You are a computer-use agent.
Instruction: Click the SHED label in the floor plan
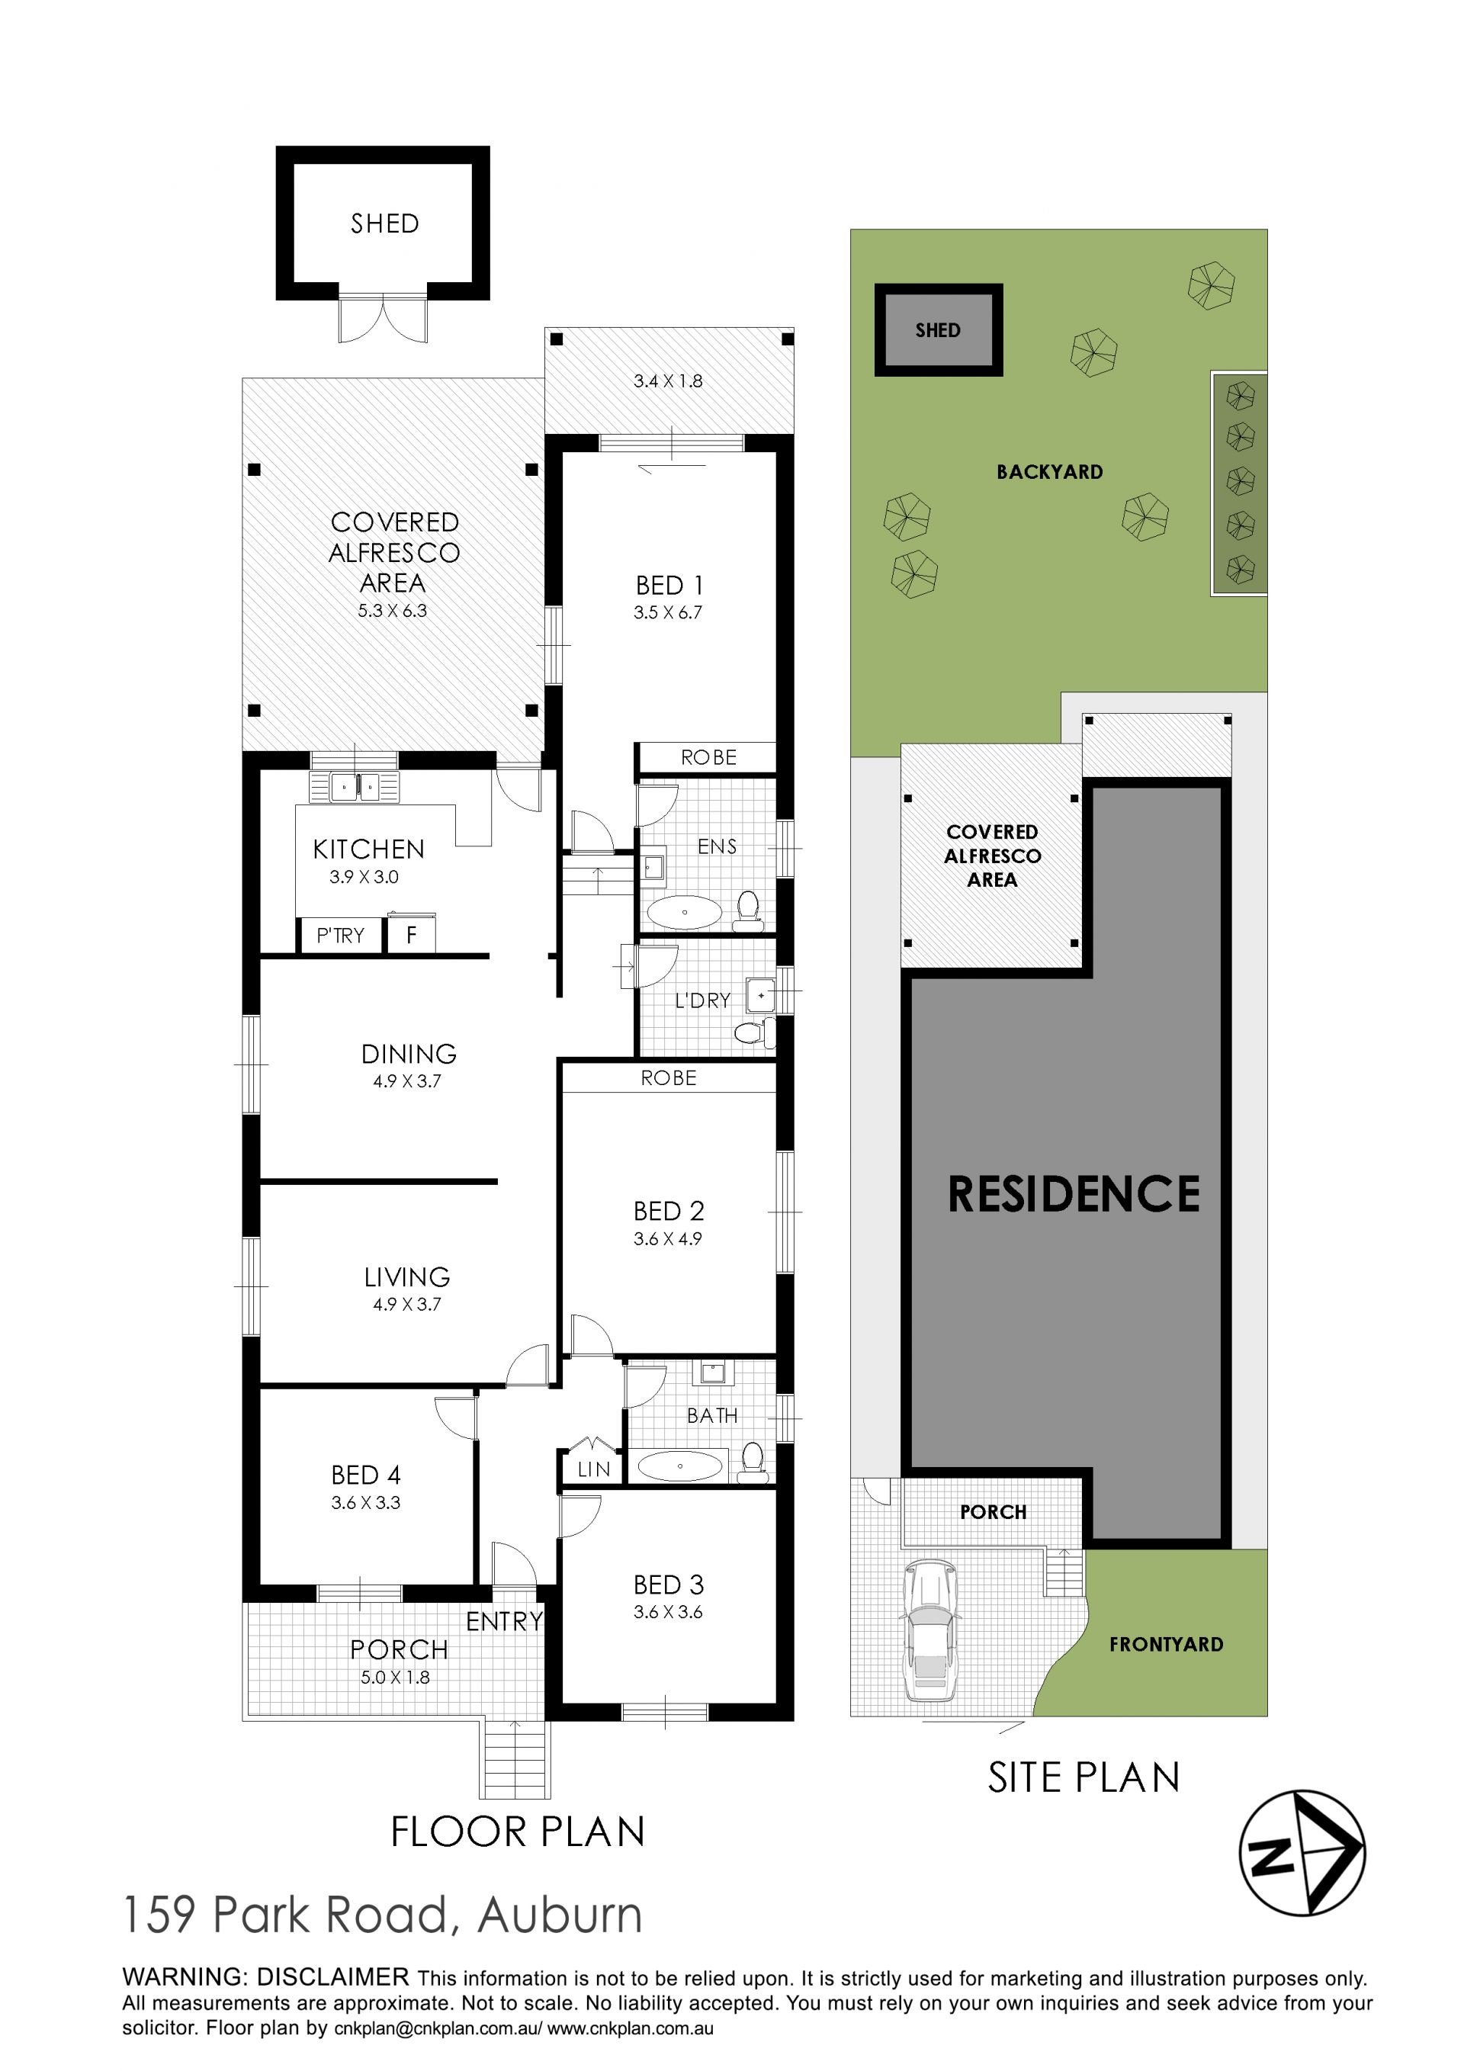point(385,223)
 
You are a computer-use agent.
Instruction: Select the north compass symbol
point(1302,1854)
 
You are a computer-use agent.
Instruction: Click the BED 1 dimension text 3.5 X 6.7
point(667,612)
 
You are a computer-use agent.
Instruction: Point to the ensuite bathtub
point(685,912)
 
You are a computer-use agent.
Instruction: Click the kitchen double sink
point(355,787)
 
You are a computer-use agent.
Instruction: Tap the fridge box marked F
point(411,935)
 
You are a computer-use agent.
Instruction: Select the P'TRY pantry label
point(340,936)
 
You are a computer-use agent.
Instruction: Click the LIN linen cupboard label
point(593,1469)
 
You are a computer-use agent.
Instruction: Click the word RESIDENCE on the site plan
point(1074,1193)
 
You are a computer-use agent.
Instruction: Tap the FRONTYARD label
point(1167,1644)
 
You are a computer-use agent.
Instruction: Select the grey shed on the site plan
point(938,330)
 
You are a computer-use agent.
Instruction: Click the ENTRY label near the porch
point(504,1622)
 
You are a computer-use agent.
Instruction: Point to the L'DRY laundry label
point(703,1000)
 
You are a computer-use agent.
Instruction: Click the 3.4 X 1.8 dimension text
point(667,380)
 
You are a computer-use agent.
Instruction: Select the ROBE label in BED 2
point(669,1078)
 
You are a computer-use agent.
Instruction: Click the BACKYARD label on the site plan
point(1049,472)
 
